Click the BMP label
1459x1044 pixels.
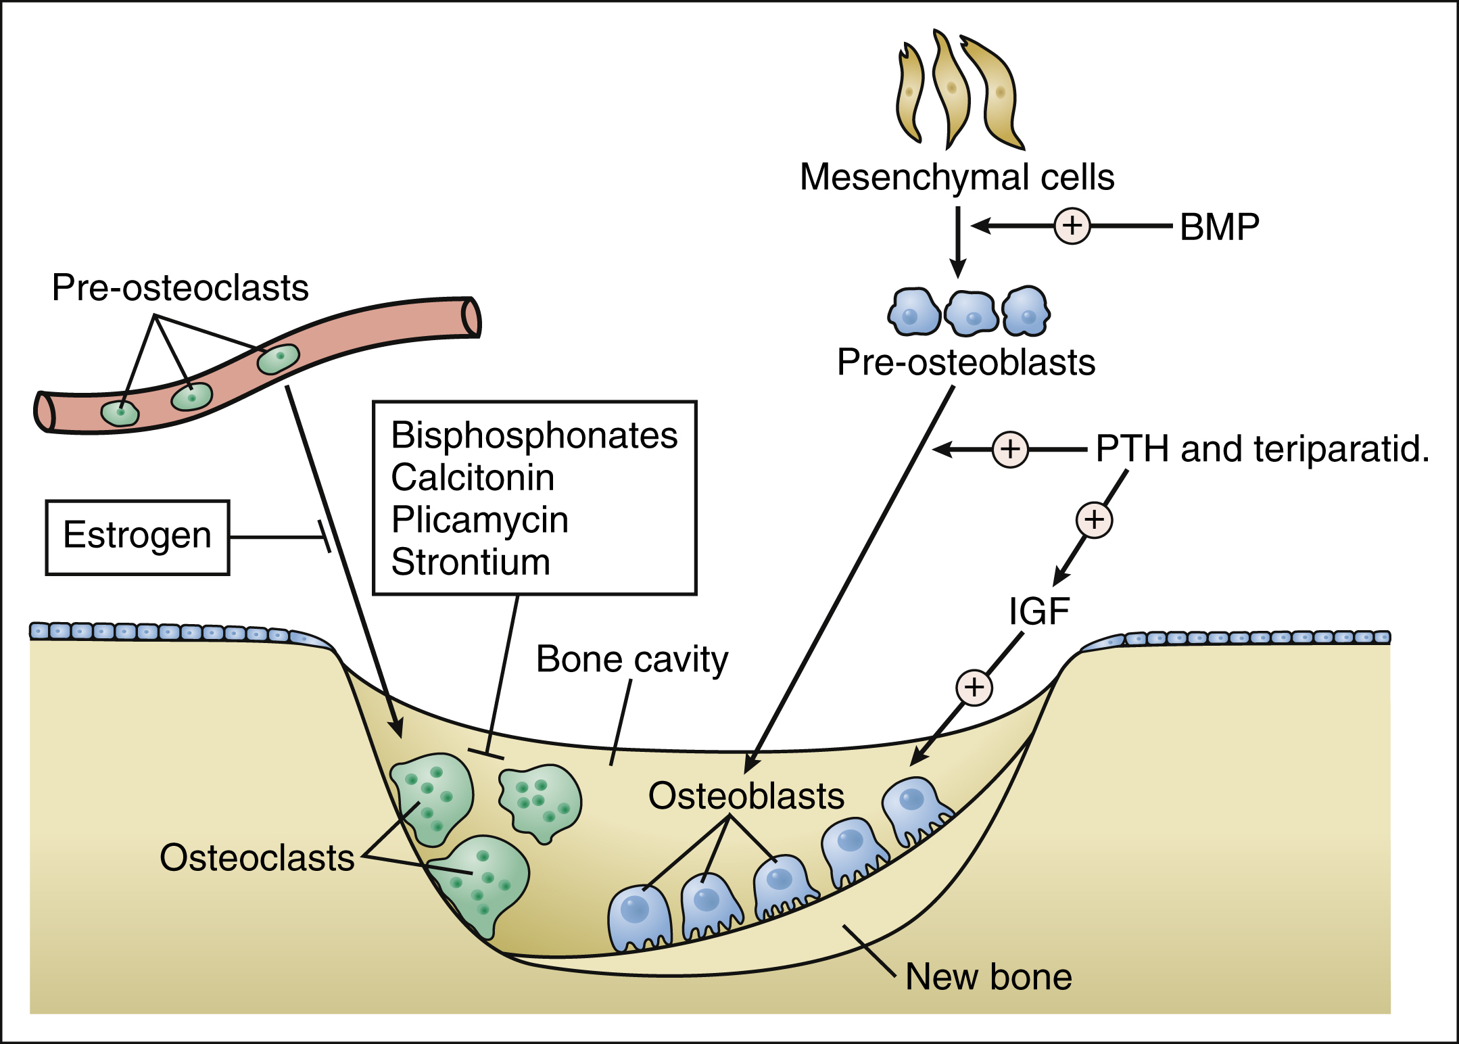(x=1219, y=227)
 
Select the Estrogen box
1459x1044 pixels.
(x=137, y=537)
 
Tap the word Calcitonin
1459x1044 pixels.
(x=473, y=478)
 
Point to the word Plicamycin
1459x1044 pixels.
(x=479, y=520)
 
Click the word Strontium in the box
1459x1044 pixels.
(x=471, y=562)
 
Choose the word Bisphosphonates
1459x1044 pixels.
(x=534, y=435)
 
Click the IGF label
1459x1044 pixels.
(x=1038, y=611)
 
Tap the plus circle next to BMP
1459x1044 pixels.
(x=1072, y=225)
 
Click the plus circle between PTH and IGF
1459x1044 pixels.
(x=1094, y=520)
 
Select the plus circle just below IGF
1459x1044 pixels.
(x=974, y=688)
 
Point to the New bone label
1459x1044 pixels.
(x=988, y=977)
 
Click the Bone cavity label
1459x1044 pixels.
(x=632, y=659)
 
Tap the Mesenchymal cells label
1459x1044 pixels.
(x=957, y=177)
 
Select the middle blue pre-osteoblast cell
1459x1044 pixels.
(x=971, y=313)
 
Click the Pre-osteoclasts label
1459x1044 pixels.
(x=180, y=288)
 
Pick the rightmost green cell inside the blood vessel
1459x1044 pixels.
(x=278, y=358)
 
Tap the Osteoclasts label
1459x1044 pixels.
(x=257, y=858)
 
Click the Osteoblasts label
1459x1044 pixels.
(x=746, y=796)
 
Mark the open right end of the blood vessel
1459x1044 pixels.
(x=471, y=317)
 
